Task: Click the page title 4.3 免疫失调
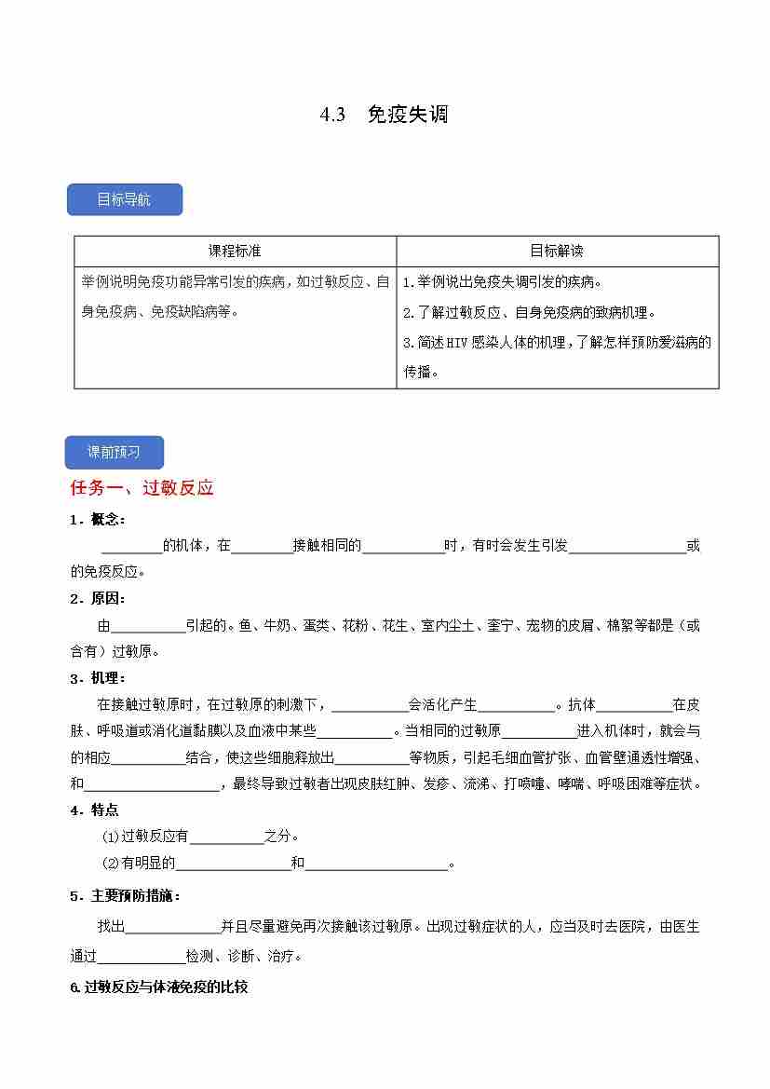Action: click(x=384, y=115)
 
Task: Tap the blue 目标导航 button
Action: click(x=124, y=199)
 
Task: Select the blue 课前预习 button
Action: click(x=114, y=452)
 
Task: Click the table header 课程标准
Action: click(x=235, y=251)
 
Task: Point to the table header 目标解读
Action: click(x=557, y=251)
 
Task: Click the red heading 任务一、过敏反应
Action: click(x=142, y=487)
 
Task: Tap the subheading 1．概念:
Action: click(x=98, y=519)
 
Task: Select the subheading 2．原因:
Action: click(x=98, y=598)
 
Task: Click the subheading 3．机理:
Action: click(x=98, y=677)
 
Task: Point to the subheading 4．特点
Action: click(x=95, y=810)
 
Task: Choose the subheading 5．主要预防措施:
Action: click(x=126, y=895)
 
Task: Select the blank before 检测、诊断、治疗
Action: click(x=141, y=956)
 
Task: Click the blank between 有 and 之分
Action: click(x=226, y=837)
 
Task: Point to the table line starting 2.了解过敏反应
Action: click(x=529, y=312)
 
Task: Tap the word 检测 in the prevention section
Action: click(x=199, y=956)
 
